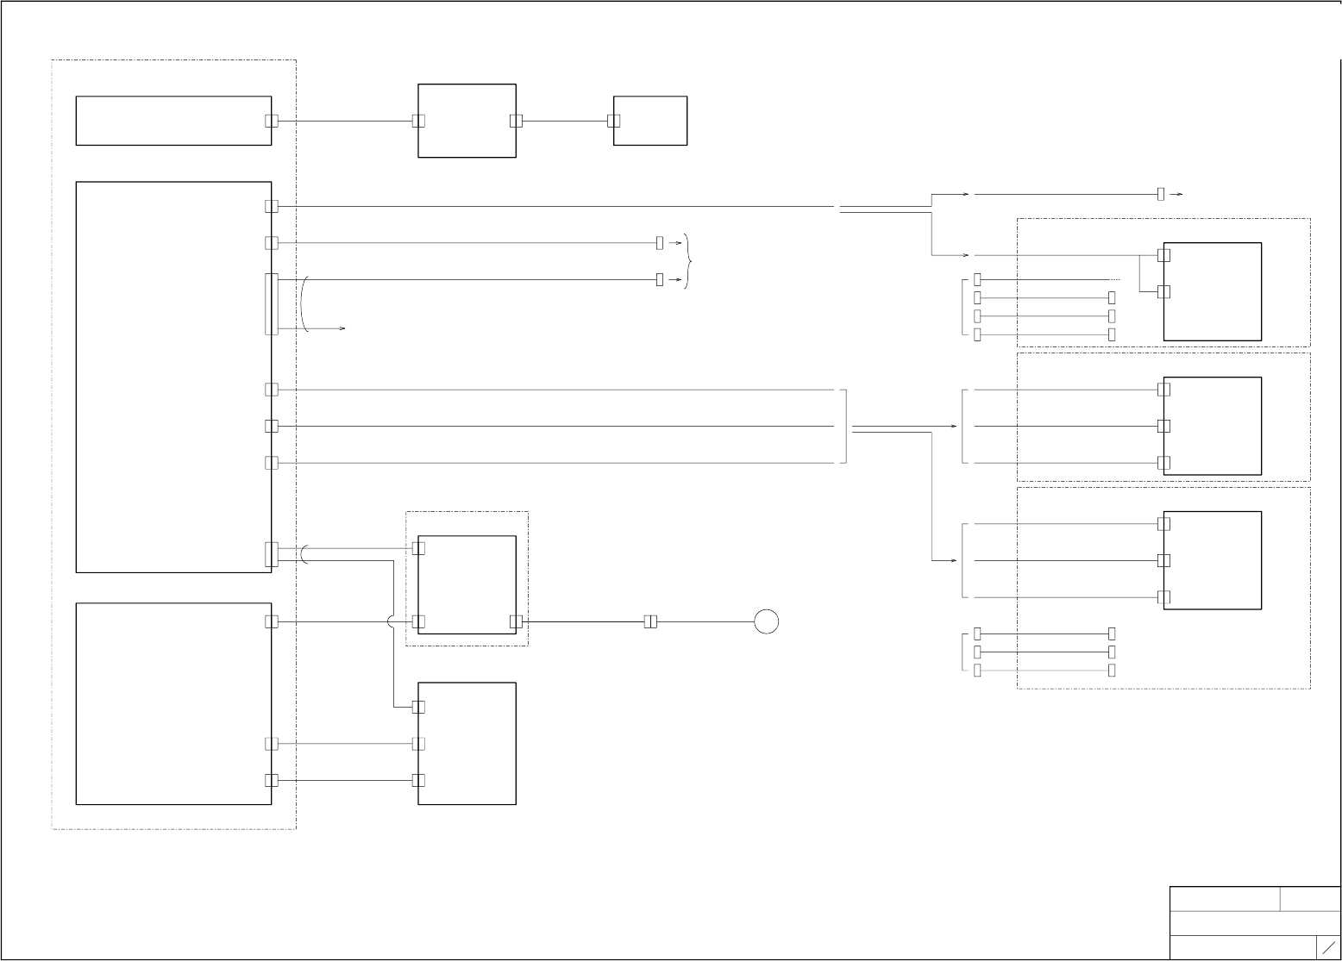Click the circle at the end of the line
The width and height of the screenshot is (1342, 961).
pyautogui.click(x=766, y=621)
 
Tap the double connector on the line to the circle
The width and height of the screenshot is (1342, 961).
pyautogui.click(x=650, y=621)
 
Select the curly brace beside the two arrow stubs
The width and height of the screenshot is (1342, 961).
pyautogui.click(x=687, y=261)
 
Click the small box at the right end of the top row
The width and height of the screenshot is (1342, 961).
pyautogui.click(x=649, y=121)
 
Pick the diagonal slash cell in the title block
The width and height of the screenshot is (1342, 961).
pyautogui.click(x=1328, y=947)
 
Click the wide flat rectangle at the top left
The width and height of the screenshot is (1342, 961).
pyautogui.click(x=173, y=121)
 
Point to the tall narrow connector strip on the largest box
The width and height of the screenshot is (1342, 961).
pyautogui.click(x=272, y=303)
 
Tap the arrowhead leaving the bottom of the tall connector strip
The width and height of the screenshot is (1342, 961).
pyautogui.click(x=342, y=329)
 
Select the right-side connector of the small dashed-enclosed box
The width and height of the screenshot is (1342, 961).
pyautogui.click(x=516, y=621)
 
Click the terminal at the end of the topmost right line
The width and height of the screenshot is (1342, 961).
pyautogui.click(x=1161, y=194)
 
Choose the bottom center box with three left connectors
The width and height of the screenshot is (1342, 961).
pyautogui.click(x=467, y=743)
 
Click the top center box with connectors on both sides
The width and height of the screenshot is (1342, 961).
pyautogui.click(x=467, y=121)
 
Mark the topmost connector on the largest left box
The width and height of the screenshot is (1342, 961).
pyautogui.click(x=272, y=206)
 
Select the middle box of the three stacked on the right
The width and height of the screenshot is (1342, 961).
pyautogui.click(x=1212, y=426)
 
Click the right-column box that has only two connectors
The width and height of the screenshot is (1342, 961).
pyautogui.click(x=1212, y=291)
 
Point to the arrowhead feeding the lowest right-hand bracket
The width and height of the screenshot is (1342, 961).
pyautogui.click(x=954, y=560)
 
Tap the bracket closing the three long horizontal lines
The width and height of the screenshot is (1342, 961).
pyautogui.click(x=844, y=426)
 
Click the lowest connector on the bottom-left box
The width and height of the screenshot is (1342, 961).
pyautogui.click(x=272, y=780)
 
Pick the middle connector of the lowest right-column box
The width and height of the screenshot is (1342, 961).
pyautogui.click(x=1163, y=560)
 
